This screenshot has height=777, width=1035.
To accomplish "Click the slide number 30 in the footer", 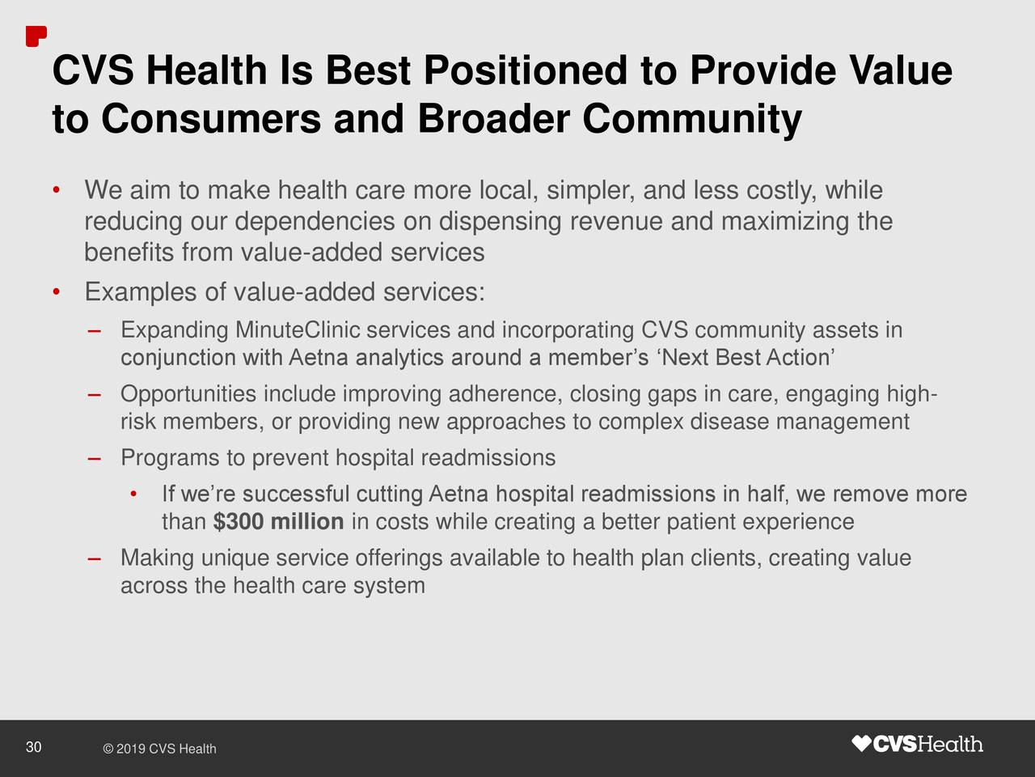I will coord(33,747).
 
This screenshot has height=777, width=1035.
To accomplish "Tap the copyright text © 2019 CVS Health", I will coord(159,749).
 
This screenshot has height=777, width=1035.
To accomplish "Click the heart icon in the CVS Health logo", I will coord(862,744).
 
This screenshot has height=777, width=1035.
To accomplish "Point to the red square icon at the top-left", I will coord(36,36).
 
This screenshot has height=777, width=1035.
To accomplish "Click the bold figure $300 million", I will coord(278,522).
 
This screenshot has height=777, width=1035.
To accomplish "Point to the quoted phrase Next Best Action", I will coord(747,358).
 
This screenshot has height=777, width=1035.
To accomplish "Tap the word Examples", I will coord(142,291).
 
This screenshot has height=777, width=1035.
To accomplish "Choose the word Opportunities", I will coord(188,395).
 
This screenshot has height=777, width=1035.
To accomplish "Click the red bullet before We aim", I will coord(56,192).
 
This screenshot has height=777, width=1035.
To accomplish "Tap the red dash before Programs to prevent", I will coord(95,459).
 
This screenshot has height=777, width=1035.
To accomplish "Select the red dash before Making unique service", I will coord(95,559).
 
